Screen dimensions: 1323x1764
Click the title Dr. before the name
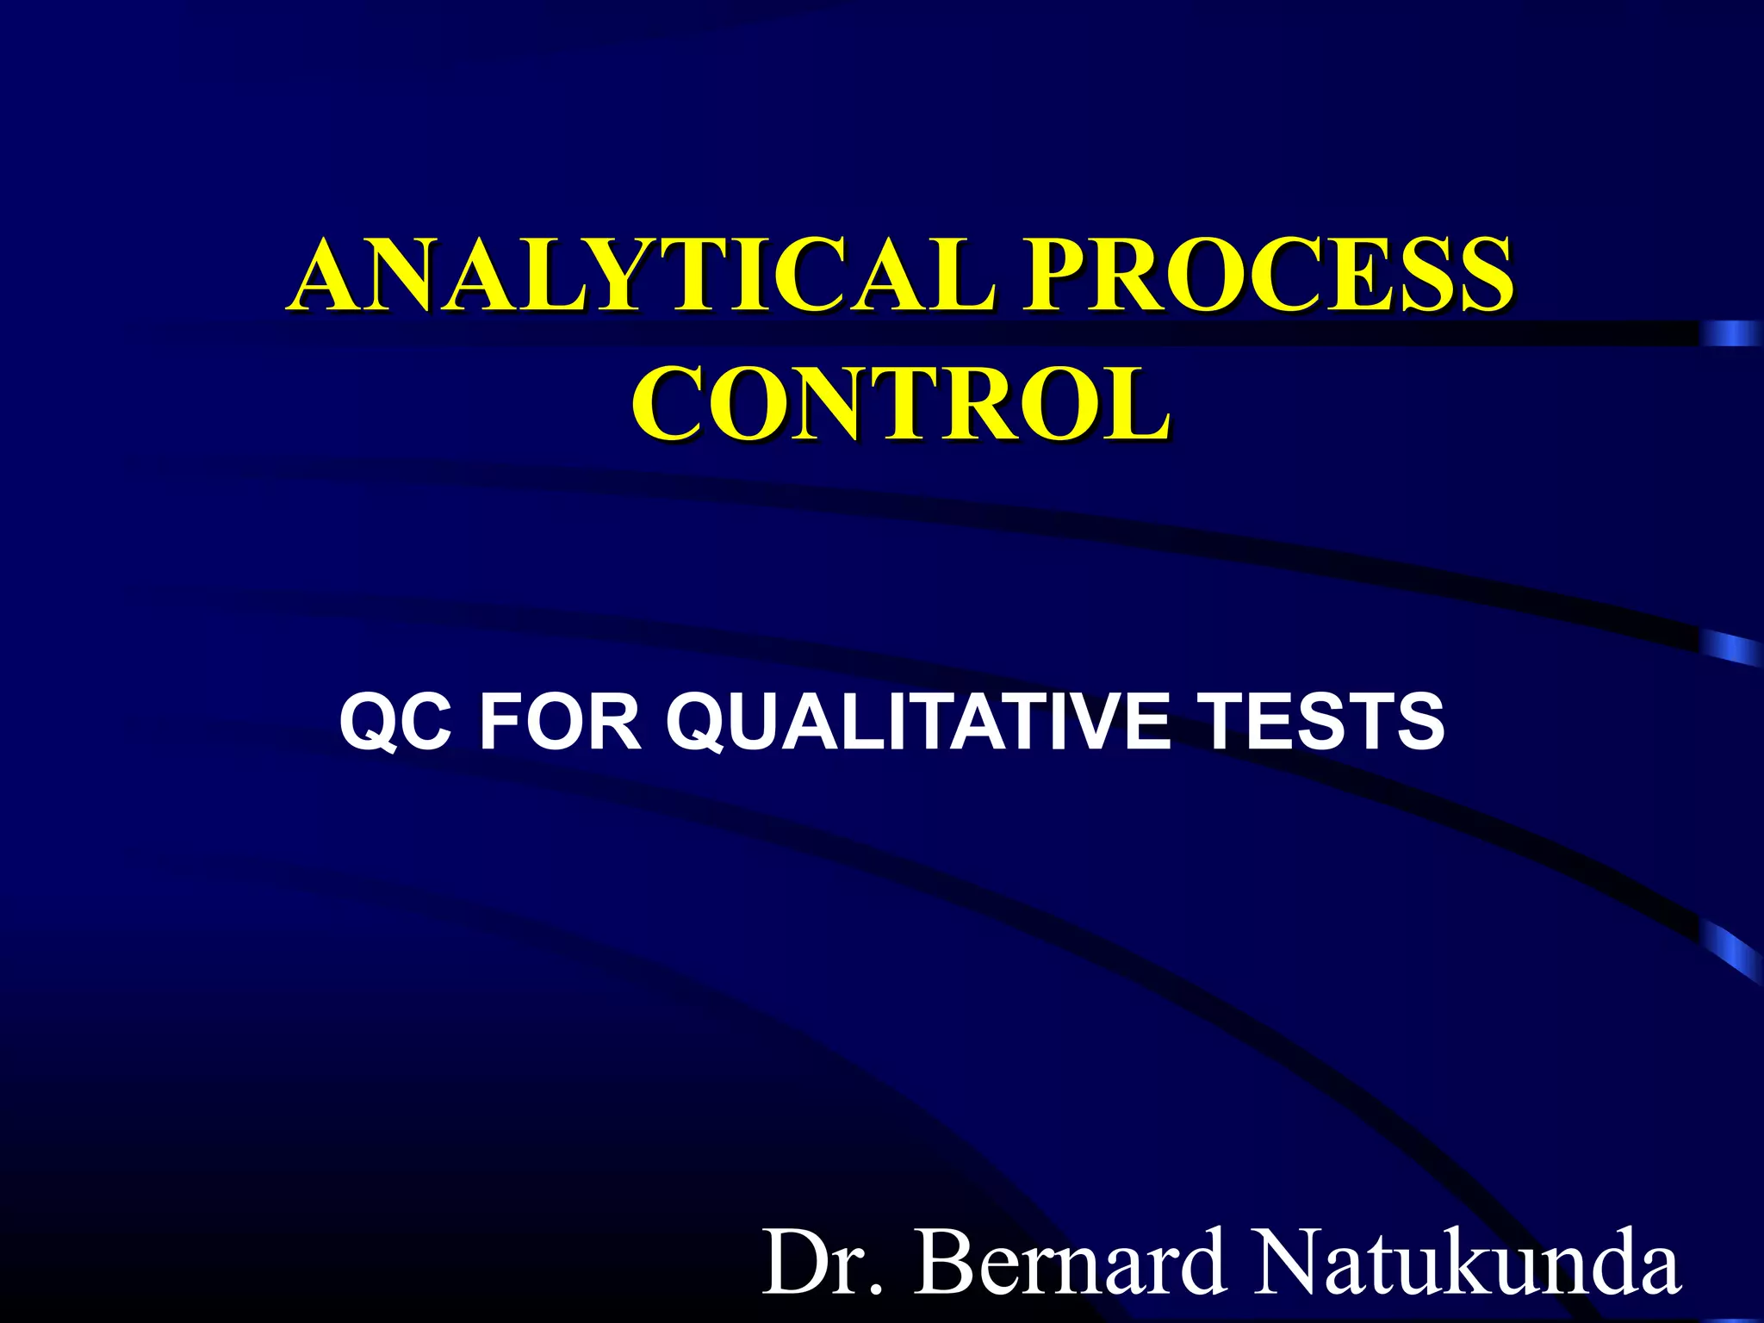[x=823, y=1263]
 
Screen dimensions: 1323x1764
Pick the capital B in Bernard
[x=946, y=1263]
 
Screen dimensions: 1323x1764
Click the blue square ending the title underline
[x=1730, y=333]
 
